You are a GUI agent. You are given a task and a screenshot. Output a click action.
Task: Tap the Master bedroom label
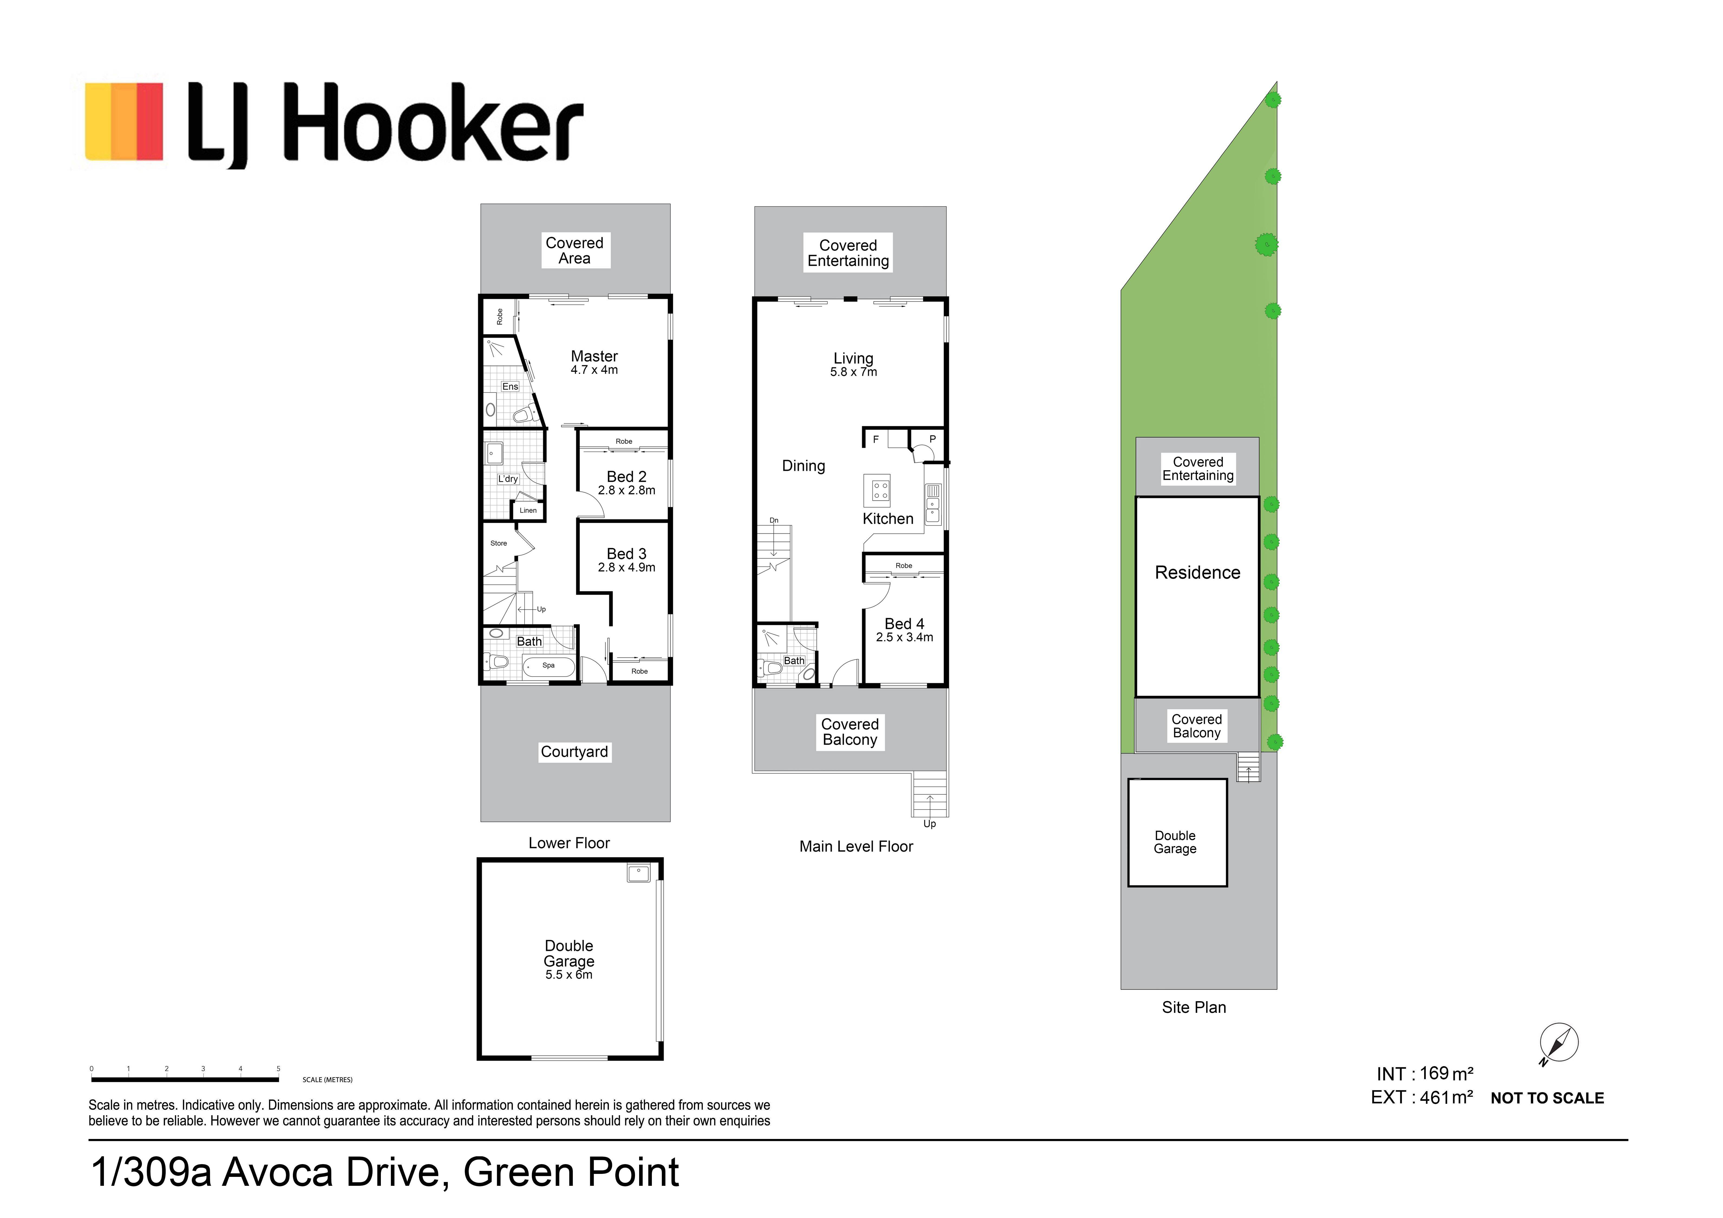pyautogui.click(x=594, y=356)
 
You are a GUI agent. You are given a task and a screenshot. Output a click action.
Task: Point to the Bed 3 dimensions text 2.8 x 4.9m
pyautogui.click(x=627, y=567)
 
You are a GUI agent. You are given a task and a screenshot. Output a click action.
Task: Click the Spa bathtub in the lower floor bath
pyautogui.click(x=548, y=666)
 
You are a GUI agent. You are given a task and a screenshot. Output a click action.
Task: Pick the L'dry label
pyautogui.click(x=508, y=479)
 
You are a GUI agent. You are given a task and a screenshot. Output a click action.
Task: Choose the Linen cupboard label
pyautogui.click(x=528, y=510)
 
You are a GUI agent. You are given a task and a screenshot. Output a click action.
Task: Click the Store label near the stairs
pyautogui.click(x=498, y=543)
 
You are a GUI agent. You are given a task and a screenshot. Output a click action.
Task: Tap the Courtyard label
pyautogui.click(x=575, y=752)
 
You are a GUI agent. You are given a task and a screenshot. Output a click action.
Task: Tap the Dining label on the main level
pyautogui.click(x=804, y=466)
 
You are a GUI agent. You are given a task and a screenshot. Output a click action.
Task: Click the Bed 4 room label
pyautogui.click(x=904, y=624)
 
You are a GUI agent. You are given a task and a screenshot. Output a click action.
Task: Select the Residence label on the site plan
pyautogui.click(x=1198, y=573)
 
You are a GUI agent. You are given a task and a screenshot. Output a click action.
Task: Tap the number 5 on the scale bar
pyautogui.click(x=278, y=1069)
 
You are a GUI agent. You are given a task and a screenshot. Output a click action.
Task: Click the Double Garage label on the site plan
pyautogui.click(x=1175, y=842)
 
